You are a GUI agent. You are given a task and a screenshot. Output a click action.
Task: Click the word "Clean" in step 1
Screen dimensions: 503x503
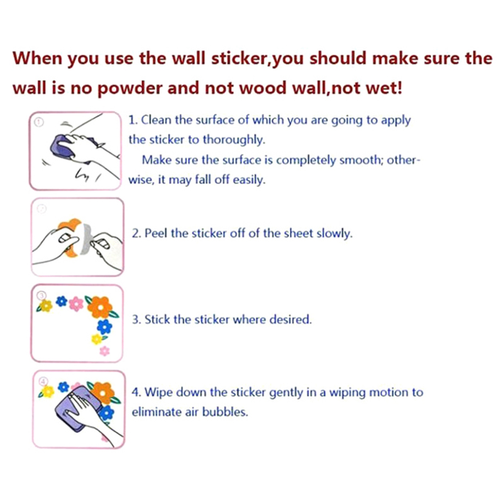pyautogui.click(x=156, y=119)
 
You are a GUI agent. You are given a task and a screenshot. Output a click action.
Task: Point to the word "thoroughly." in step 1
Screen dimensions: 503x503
pyautogui.click(x=234, y=140)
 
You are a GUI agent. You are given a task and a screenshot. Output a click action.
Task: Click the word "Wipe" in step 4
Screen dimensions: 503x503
pyautogui.click(x=158, y=392)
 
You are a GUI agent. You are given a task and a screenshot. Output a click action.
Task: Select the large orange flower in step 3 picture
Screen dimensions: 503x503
pyautogui.click(x=101, y=307)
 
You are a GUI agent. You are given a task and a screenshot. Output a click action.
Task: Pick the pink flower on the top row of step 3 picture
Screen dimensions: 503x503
pyautogui.click(x=76, y=304)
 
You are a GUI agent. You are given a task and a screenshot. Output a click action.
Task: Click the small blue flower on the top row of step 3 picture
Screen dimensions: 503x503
pyautogui.click(x=61, y=301)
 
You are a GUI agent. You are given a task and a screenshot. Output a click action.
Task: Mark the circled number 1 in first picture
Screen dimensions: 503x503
pyautogui.click(x=39, y=122)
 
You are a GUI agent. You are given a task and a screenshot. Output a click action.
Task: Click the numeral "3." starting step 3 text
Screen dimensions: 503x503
pyautogui.click(x=136, y=319)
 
